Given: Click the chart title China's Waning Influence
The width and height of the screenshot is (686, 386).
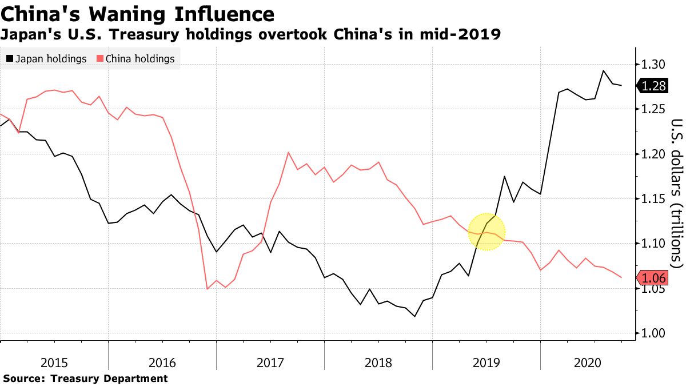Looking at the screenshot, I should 138,14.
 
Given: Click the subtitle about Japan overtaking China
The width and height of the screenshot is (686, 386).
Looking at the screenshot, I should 251,35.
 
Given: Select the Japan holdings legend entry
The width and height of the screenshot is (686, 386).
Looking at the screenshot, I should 46,59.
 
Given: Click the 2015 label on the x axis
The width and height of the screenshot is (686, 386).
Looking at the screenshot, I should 54,363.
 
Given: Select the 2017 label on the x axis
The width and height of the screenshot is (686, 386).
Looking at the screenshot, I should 270,363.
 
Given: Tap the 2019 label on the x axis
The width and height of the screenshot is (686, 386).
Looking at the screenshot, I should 486,363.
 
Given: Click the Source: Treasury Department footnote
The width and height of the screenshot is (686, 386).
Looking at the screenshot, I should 85,379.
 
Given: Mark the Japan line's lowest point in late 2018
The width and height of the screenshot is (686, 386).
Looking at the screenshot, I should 414,316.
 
